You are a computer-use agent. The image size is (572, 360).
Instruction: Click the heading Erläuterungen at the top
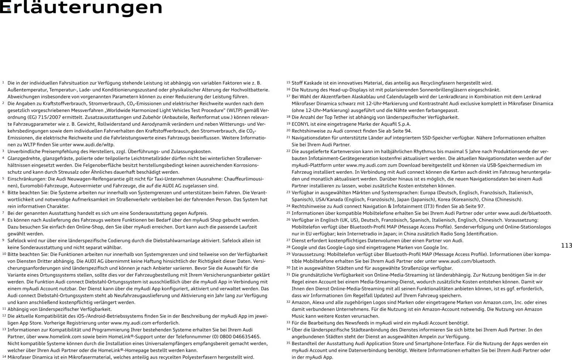[81, 7]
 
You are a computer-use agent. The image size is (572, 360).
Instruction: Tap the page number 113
[566, 246]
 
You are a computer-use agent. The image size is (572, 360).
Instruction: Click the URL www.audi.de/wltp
[94, 145]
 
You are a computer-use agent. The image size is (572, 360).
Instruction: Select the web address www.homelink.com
[59, 336]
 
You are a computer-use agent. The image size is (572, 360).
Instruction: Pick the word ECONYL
[300, 124]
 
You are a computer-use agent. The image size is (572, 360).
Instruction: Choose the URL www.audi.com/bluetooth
[467, 261]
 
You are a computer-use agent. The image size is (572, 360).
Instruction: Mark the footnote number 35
[288, 343]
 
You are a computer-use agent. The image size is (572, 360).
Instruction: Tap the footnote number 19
[288, 124]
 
